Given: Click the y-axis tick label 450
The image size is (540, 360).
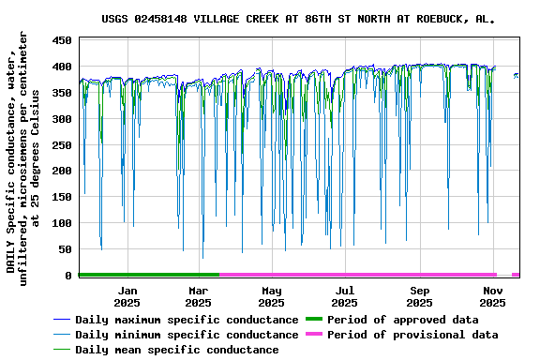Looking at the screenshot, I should [62, 41].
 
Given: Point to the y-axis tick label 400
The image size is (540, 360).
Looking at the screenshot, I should [62, 67].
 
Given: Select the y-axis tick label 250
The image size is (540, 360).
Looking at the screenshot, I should [62, 145].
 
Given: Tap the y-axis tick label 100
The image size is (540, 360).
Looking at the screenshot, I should [62, 223].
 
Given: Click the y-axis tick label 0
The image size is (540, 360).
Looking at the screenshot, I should [68, 276].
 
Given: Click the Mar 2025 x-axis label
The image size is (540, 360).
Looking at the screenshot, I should [198, 296].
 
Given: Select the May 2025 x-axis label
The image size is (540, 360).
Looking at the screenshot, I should [271, 296].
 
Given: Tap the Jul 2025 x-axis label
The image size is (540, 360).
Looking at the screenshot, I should [344, 296].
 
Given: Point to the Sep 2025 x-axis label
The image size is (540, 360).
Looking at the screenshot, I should [419, 296].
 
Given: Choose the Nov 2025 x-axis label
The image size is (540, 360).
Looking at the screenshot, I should [492, 296].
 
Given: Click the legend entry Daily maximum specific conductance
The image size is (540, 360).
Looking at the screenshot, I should [187, 320].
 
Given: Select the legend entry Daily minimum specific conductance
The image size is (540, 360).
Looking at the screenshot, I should [187, 335].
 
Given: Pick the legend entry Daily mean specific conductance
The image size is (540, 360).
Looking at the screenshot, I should [176, 350].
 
